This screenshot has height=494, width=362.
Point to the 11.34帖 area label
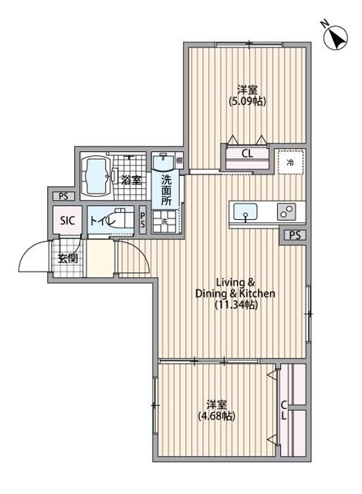tap(235, 306)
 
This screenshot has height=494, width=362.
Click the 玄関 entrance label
tap(66, 258)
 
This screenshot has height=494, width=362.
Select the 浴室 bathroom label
tap(131, 181)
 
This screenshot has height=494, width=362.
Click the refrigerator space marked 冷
tap(290, 163)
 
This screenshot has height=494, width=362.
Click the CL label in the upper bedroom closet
tap(246, 154)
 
